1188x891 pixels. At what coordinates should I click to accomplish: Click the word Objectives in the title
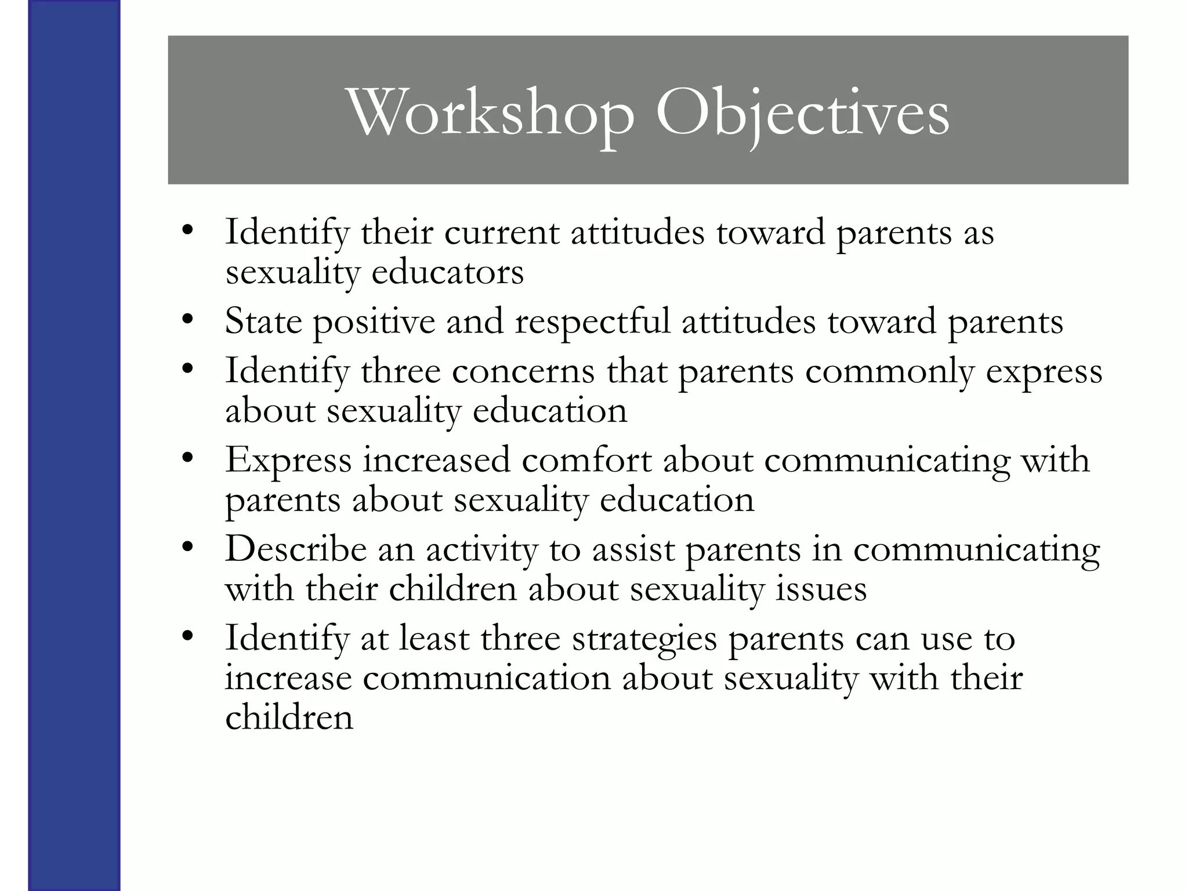803,113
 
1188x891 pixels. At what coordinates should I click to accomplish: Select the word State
263,321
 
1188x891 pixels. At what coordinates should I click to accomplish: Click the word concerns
523,371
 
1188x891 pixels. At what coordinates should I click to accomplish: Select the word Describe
296,549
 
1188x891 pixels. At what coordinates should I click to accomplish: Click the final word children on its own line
289,718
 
